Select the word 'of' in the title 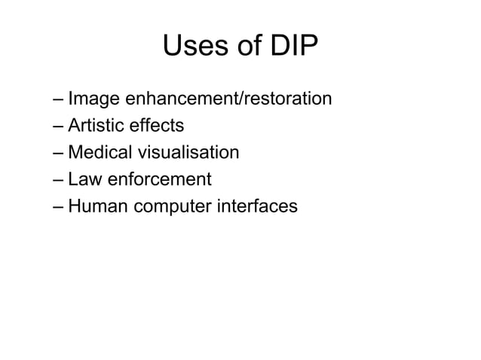pyautogui.click(x=244, y=47)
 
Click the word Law pyautogui.click(x=82, y=180)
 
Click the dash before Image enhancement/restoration pyautogui.click(x=59, y=100)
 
